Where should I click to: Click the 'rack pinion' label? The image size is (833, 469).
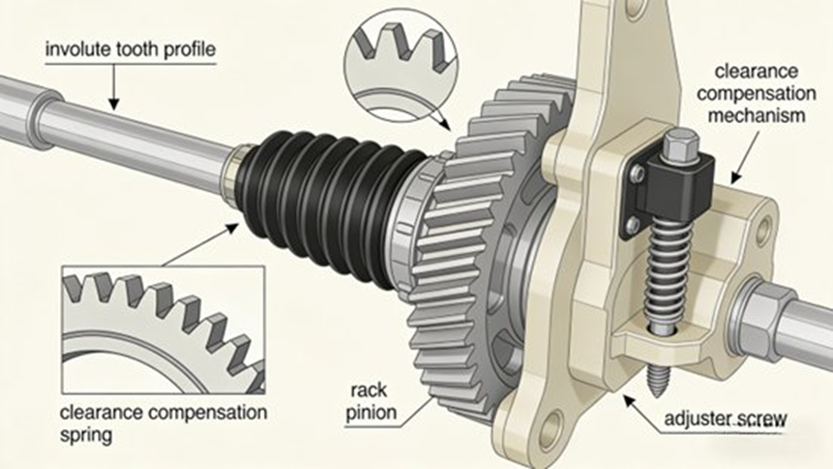372,403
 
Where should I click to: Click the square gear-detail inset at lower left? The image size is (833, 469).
160,320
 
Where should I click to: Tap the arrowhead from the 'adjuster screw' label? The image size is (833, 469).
628,397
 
